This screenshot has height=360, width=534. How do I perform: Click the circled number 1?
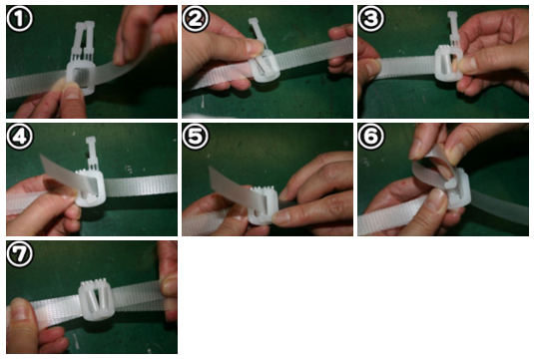point(19,19)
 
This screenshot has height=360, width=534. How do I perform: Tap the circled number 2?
point(196,19)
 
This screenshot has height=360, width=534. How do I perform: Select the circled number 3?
point(371,19)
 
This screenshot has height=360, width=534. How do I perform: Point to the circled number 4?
point(19,137)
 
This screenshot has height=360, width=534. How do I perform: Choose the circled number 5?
point(196,137)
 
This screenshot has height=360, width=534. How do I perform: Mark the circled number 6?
point(371,137)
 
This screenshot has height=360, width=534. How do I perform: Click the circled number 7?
point(19,254)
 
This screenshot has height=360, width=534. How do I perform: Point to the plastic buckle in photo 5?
point(264,205)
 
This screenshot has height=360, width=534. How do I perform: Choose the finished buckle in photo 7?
point(95,299)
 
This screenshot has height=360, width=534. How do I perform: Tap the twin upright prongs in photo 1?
point(83,40)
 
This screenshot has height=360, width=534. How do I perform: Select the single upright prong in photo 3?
point(453,29)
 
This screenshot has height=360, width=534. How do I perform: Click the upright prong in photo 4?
point(91,153)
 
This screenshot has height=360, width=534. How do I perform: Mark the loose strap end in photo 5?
point(236,189)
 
